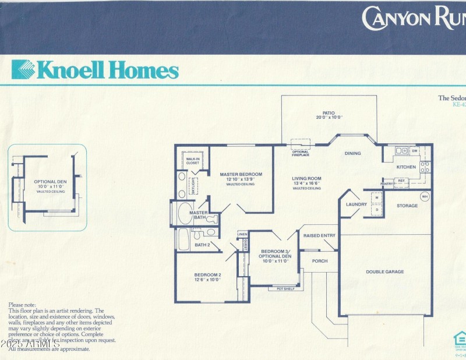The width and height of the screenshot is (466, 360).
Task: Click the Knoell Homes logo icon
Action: tap(23, 69)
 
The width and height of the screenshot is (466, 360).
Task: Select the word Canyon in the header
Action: tap(395, 18)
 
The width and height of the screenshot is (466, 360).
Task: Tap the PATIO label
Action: tap(329, 112)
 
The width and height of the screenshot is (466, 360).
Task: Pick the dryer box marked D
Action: tap(377, 210)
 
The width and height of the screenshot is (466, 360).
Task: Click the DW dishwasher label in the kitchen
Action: tap(414, 151)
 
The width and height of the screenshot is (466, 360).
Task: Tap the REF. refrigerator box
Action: tap(401, 181)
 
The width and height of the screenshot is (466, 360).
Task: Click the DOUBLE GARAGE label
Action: tap(384, 271)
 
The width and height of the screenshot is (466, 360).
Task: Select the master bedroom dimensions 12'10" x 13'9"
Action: tap(241, 179)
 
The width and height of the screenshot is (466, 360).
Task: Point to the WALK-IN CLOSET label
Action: tap(192, 161)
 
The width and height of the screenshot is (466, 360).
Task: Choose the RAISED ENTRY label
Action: tap(319, 235)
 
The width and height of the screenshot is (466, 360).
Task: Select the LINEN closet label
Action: tap(242, 234)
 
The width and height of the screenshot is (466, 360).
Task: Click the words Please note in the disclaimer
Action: tap(22, 305)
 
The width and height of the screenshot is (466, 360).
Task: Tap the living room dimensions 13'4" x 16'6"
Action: tap(306, 183)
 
